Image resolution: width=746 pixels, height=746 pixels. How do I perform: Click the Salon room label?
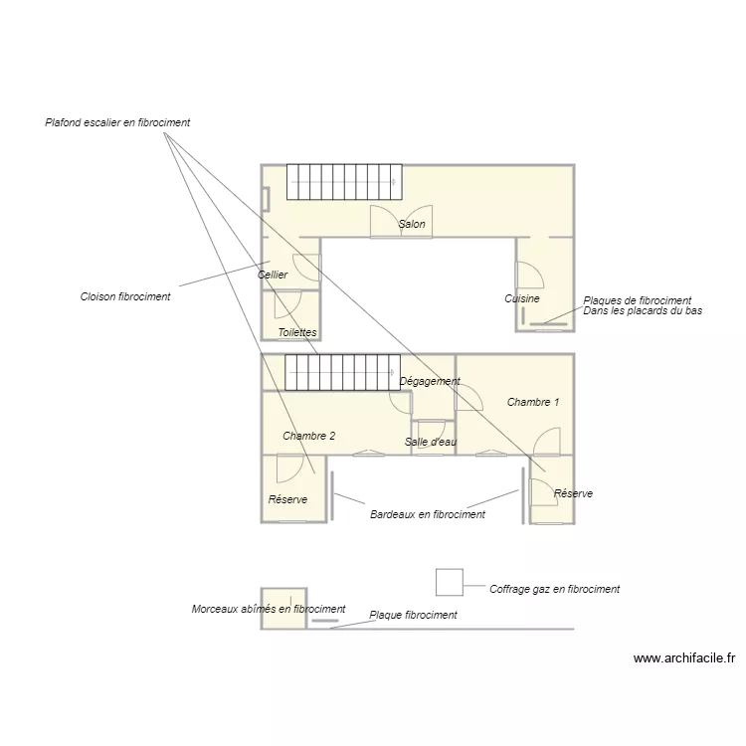(412, 225)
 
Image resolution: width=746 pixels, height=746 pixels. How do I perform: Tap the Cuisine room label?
(522, 298)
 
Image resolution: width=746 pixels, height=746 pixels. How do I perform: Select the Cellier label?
(273, 275)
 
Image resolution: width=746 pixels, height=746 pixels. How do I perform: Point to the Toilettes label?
(297, 332)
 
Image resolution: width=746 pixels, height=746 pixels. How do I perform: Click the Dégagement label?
(430, 381)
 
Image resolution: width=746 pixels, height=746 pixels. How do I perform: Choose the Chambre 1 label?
(533, 402)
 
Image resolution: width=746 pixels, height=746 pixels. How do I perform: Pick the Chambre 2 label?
(308, 436)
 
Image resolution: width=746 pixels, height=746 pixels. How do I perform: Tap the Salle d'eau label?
(431, 442)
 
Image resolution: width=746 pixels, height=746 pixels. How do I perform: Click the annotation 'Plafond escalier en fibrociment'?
(117, 123)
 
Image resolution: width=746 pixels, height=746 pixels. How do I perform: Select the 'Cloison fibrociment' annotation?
(125, 296)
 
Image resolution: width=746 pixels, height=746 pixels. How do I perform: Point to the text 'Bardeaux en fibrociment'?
(428, 514)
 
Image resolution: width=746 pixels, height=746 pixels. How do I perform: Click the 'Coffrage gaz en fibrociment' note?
(554, 589)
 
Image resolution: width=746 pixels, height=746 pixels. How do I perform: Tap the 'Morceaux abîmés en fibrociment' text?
(269, 609)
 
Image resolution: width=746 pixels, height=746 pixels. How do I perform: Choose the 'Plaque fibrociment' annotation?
(413, 615)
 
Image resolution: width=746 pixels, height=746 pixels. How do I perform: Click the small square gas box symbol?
(450, 582)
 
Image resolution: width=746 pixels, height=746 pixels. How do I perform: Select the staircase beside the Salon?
(343, 182)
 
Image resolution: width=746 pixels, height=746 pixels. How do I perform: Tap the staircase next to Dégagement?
(342, 372)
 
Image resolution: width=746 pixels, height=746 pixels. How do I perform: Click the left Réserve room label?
(287, 499)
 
